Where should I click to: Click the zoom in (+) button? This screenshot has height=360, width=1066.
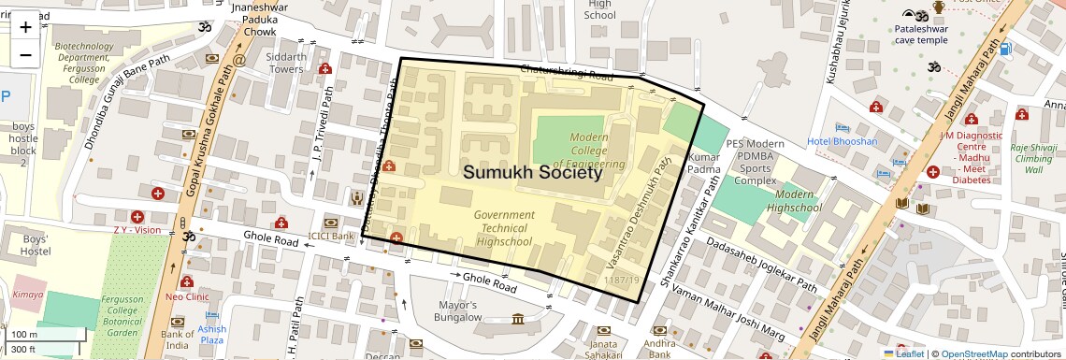25,27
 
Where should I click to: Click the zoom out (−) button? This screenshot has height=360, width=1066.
25,54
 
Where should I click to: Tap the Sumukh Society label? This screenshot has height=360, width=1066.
532,173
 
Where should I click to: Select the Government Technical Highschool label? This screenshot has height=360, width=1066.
504,228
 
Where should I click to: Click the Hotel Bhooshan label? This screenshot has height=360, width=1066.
843,141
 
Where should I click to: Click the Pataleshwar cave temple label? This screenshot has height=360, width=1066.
920,35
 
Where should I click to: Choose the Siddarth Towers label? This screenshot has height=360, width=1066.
286,63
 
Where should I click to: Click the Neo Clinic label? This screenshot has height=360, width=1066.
186,296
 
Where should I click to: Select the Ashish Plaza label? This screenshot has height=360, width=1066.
211,335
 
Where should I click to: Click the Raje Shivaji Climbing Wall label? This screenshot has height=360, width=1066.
1032,158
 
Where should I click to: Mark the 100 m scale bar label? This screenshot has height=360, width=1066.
24,334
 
